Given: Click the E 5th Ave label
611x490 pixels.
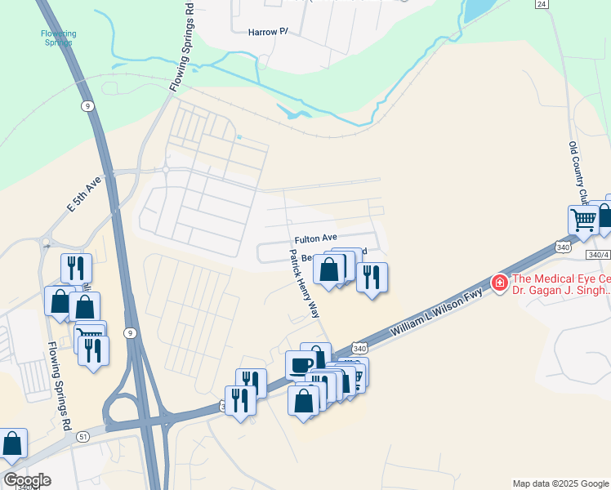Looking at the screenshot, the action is pos(83,197).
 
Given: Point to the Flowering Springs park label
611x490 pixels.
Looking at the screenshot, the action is pos(59,38).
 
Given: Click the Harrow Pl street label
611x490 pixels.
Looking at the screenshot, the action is pos(269,32).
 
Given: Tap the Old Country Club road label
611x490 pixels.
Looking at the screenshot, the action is pos(578,172).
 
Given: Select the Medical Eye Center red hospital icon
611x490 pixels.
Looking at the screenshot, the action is pos(498,283).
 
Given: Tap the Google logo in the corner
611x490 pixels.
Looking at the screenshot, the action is pos(27,480).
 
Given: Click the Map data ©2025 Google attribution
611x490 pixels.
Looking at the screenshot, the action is pos(561,483).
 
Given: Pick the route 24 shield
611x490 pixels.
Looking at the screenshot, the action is pos(542,4).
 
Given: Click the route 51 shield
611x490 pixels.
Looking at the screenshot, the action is pos(83,437).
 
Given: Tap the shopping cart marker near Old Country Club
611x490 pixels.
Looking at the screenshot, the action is pos(583,219).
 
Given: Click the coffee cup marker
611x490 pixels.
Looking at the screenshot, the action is pos(300,364).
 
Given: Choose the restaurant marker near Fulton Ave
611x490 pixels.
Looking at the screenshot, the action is pos(372,277).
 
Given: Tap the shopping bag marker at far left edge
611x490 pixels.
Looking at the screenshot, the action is pos(12,445).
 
